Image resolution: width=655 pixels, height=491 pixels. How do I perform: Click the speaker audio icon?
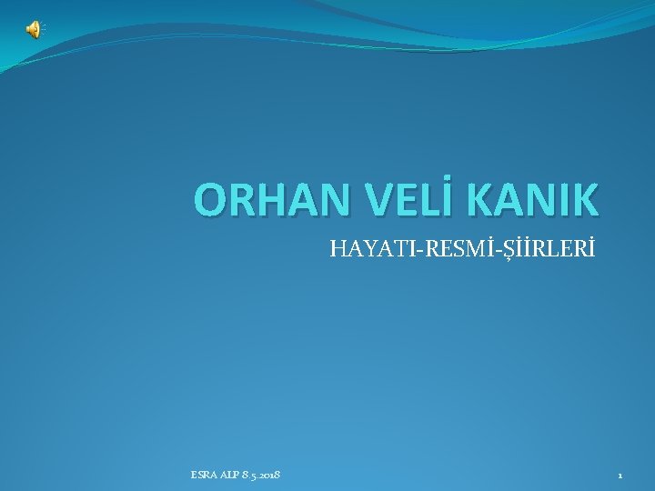pos(33,30)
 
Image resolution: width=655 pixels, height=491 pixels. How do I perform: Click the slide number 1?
pos(620,475)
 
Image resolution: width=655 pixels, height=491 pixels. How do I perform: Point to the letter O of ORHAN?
pos(212,200)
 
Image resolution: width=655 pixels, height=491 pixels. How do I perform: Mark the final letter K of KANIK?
pos(585,200)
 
